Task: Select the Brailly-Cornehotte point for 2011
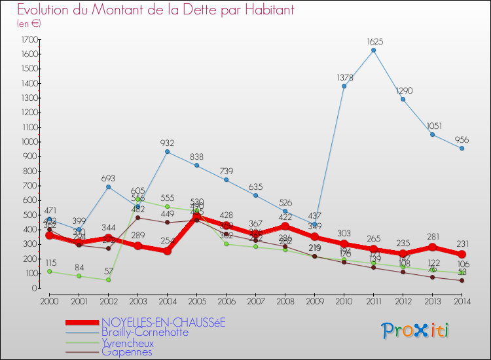(373, 50)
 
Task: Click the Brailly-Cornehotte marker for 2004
(167, 152)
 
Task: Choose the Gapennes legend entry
(128, 351)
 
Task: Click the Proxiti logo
(416, 331)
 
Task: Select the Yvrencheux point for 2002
(108, 279)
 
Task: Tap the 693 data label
(108, 178)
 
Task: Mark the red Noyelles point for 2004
(167, 251)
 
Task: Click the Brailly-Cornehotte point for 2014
(462, 149)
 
